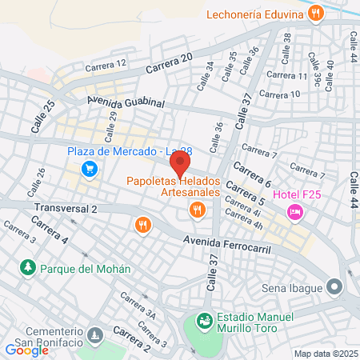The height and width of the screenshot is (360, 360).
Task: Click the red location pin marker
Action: click(x=181, y=164)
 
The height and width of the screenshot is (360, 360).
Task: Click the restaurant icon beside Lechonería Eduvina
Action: click(x=317, y=13)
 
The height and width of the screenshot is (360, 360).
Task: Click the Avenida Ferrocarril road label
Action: click(x=227, y=244)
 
